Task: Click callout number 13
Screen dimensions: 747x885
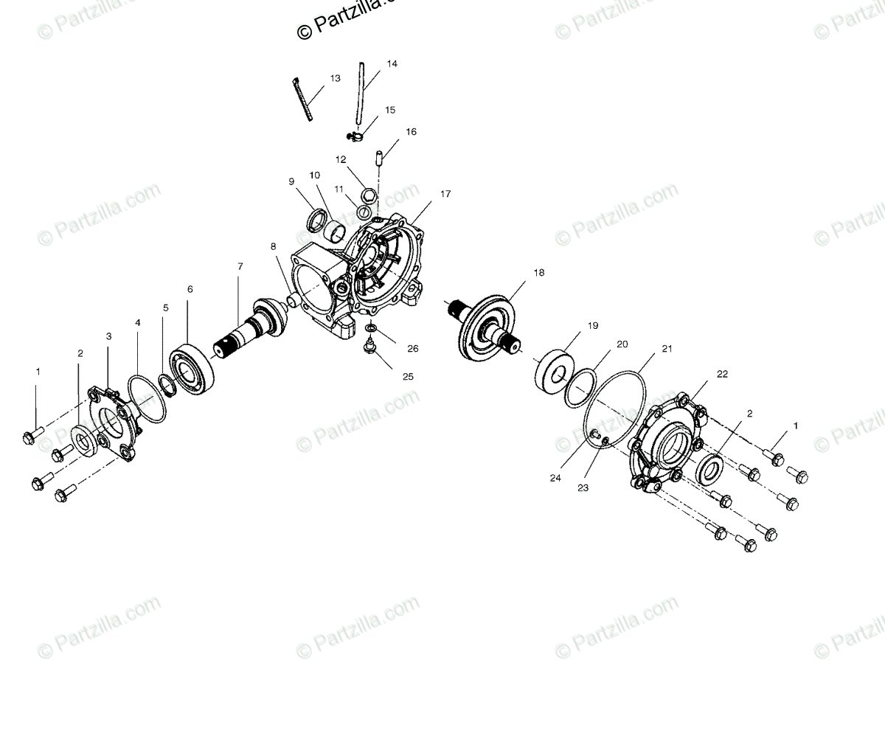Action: click(x=335, y=78)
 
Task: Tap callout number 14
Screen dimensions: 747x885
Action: click(x=392, y=64)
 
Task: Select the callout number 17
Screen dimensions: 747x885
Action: click(x=445, y=194)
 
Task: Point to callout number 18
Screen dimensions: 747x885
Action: click(x=538, y=272)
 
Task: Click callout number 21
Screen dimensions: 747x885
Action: click(x=667, y=349)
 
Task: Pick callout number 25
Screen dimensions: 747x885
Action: click(x=408, y=376)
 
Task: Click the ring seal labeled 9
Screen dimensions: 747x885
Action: click(x=317, y=219)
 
